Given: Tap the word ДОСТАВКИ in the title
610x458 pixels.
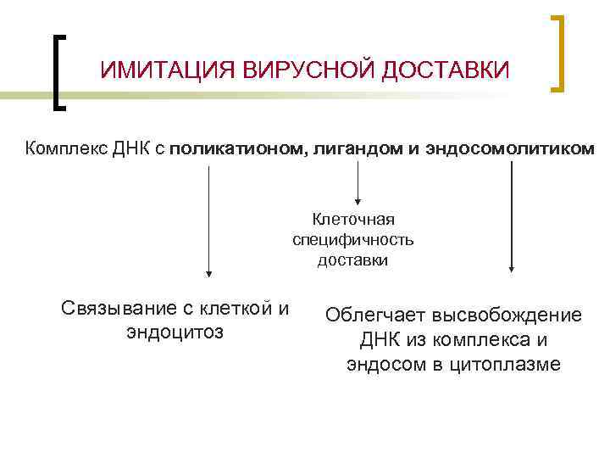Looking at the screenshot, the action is pyautogui.click(x=446, y=70).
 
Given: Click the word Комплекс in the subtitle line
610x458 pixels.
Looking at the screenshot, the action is pyautogui.click(x=63, y=149).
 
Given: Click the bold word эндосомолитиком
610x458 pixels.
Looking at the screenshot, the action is pyautogui.click(x=502, y=149).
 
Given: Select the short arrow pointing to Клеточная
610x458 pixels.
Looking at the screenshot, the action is pyautogui.click(x=358, y=182).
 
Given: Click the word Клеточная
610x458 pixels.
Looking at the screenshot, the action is pyautogui.click(x=353, y=220).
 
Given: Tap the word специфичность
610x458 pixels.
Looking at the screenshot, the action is pyautogui.click(x=353, y=240).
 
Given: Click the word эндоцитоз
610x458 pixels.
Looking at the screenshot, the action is pyautogui.click(x=175, y=332).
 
